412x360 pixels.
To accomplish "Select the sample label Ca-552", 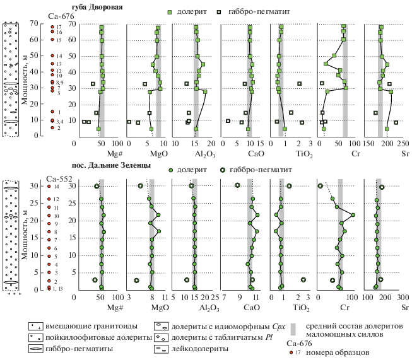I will [x=59, y=179].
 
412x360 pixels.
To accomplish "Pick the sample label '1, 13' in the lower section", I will [x=60, y=288].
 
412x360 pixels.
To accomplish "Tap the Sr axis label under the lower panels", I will [x=404, y=308].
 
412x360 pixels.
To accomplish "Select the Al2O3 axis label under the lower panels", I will [x=209, y=309].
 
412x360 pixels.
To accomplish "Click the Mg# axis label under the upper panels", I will [x=114, y=153].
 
